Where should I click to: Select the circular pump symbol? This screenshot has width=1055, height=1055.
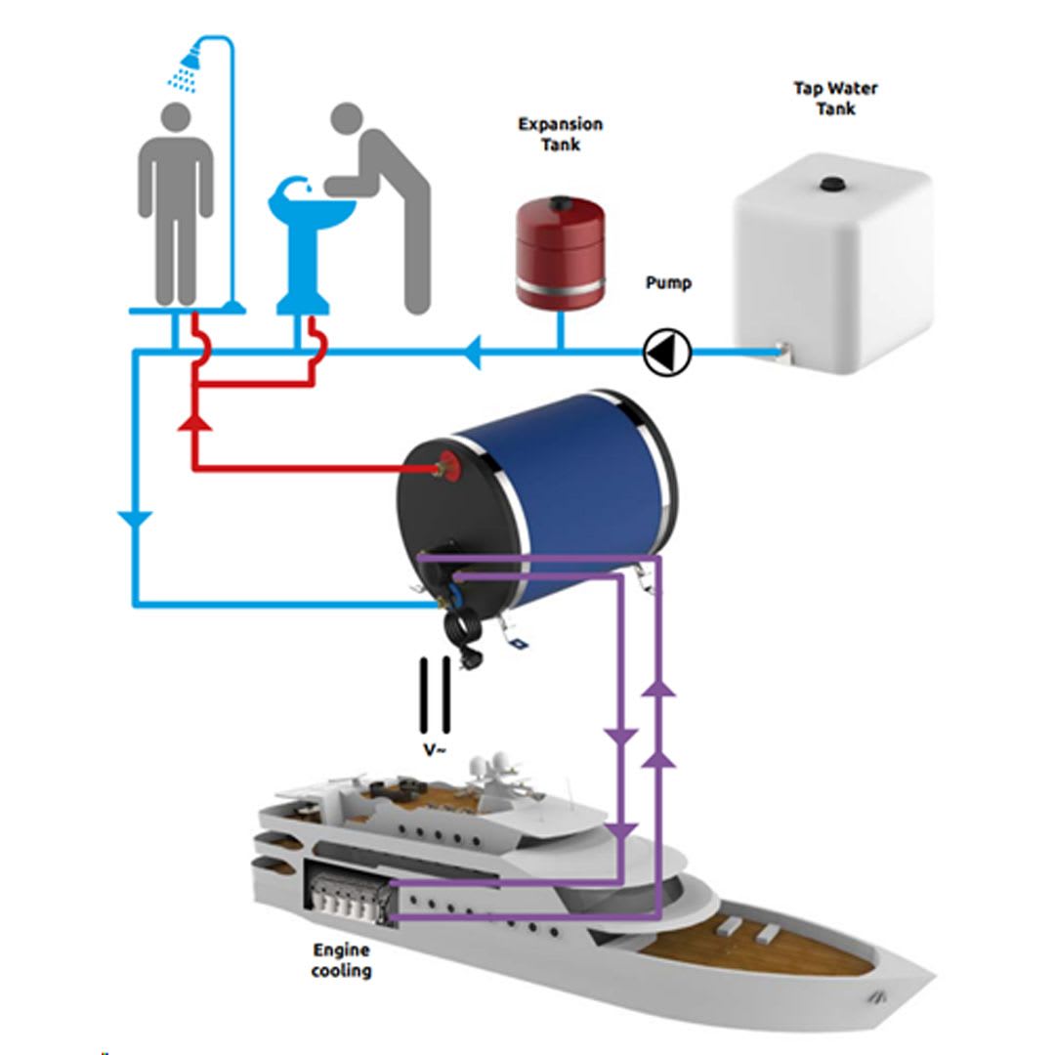tap(667, 350)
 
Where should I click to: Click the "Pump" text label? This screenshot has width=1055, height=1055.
tap(668, 283)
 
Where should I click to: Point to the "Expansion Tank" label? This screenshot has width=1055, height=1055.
tap(560, 134)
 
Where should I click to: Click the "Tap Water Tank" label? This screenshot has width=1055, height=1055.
tap(835, 98)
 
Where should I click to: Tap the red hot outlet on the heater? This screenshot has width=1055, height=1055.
tap(450, 465)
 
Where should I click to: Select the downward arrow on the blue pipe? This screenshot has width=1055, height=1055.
tap(134, 518)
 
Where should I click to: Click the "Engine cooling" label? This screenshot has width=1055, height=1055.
tap(342, 959)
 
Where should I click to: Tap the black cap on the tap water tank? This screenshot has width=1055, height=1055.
tap(833, 182)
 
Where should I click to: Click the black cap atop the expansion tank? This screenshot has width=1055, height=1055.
tap(560, 203)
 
